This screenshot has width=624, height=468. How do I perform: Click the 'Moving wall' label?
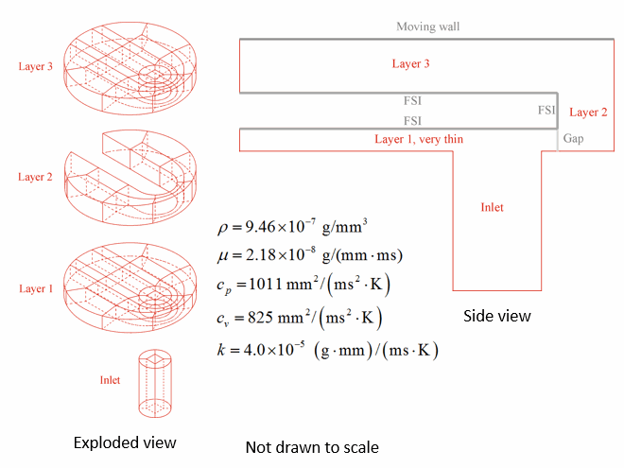427,26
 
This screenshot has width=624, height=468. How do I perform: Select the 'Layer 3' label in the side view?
410,63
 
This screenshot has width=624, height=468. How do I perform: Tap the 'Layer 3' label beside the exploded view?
35,66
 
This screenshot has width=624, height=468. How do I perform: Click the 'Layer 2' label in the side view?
588,113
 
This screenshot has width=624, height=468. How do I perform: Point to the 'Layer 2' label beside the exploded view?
35,177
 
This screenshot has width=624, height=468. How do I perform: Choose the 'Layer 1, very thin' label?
419,139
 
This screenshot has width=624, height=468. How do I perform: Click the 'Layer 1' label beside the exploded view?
36,288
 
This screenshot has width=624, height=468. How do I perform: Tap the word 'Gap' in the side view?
574,138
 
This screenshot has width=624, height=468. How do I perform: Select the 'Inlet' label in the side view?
492,207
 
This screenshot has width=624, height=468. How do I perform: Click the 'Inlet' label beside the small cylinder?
110,380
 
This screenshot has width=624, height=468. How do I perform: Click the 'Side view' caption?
497,316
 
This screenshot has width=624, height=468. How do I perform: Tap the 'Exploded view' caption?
125,442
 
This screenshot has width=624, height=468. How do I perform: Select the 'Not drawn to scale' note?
312,447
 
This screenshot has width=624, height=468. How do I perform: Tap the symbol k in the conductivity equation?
221,350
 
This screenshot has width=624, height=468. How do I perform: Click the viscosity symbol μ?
223,256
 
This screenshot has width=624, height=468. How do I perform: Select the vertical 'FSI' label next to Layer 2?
546,110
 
